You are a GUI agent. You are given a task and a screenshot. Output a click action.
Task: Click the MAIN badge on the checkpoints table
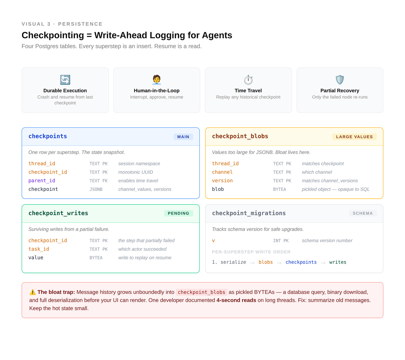[183, 137]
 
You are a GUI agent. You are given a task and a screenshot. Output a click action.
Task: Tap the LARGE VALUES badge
[354, 137]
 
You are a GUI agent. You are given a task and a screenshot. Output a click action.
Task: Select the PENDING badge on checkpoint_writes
[178, 213]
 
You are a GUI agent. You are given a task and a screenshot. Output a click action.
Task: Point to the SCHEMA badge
[362, 213]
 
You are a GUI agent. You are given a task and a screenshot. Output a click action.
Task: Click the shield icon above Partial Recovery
[340, 80]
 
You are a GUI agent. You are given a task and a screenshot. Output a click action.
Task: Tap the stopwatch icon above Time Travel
[248, 80]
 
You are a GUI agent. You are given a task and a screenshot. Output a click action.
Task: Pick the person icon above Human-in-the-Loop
[157, 80]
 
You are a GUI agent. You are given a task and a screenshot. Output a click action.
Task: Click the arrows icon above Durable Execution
[65, 80]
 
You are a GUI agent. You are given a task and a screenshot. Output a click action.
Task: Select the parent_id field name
[42, 181]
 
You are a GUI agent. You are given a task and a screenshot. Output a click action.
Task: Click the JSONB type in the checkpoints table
[96, 189]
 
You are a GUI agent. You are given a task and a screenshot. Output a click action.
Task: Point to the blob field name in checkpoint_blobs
[218, 189]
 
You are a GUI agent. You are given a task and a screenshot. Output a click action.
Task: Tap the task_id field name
[39, 249]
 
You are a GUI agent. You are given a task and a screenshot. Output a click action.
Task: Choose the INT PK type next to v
[281, 241]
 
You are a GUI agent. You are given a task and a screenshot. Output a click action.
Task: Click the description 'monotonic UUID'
[135, 172]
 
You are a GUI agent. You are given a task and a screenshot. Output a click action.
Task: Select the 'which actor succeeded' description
[142, 249]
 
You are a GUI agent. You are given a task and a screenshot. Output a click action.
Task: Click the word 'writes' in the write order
[338, 262]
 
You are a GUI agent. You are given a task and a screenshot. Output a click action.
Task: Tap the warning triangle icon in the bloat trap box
[33, 292]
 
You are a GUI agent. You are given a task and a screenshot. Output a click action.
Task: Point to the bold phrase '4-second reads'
[236, 300]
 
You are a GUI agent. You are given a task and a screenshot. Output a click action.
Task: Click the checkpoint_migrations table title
[249, 213]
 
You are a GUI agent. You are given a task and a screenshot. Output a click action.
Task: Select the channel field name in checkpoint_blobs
[222, 172]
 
